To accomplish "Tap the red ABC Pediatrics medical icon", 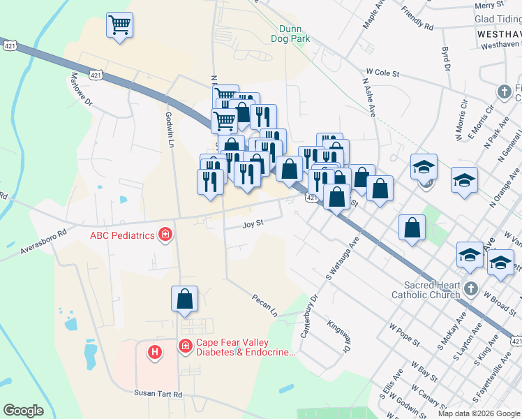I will [165, 235].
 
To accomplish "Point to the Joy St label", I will [252, 224].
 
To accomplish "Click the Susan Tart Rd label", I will [158, 395].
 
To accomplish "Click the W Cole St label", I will [382, 72].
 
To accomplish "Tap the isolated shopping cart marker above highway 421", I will [119, 26].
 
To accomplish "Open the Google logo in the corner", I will [23, 411].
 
